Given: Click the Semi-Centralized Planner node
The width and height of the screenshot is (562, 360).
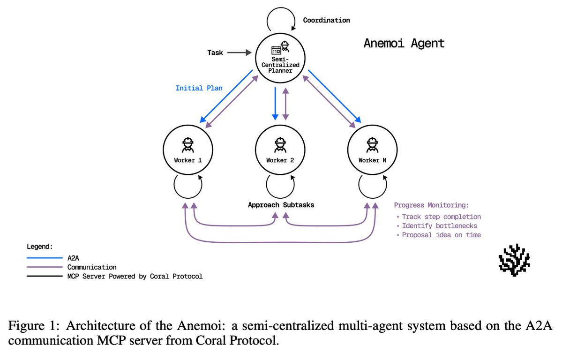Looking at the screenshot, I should click(x=280, y=59).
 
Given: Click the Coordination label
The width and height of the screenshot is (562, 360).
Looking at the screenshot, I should click(x=326, y=20).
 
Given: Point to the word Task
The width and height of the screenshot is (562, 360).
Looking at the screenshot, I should click(x=215, y=53).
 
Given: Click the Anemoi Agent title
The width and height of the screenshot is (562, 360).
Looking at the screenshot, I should click(x=404, y=44).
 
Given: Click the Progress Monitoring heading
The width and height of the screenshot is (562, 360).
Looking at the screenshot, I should click(x=431, y=205).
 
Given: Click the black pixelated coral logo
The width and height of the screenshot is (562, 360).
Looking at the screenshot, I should click(x=514, y=259).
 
